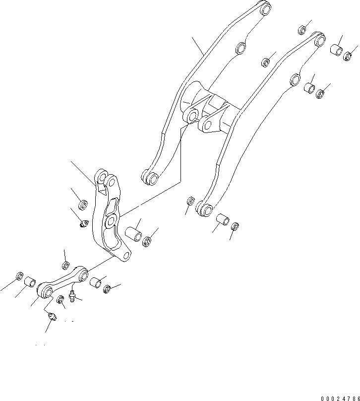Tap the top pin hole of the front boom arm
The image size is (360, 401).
pos(320,38)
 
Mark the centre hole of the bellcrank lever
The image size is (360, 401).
pos(111,220)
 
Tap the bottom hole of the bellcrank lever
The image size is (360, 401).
pos(126,255)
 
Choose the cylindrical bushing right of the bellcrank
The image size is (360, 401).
pos(133,234)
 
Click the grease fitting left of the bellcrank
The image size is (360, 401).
pos(84,225)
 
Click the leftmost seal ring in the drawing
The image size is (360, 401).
pos(20,276)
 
